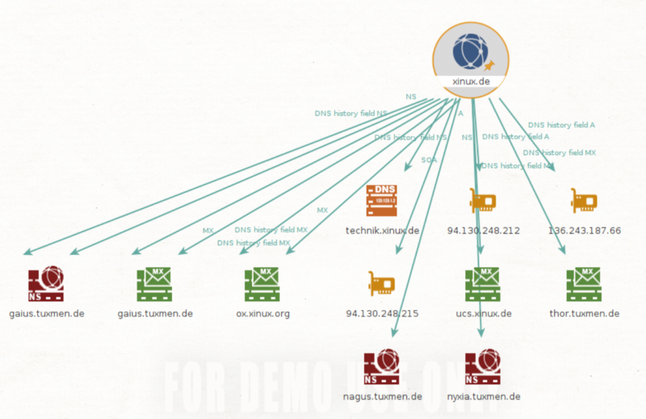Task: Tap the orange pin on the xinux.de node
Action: tap(488, 65)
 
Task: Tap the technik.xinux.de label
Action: tap(383, 230)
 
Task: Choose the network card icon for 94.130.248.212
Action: tap(482, 200)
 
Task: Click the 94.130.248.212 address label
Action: tap(483, 230)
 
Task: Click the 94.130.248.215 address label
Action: tap(382, 313)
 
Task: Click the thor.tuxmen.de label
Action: tap(585, 313)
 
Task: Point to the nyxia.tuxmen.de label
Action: tap(484, 396)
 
